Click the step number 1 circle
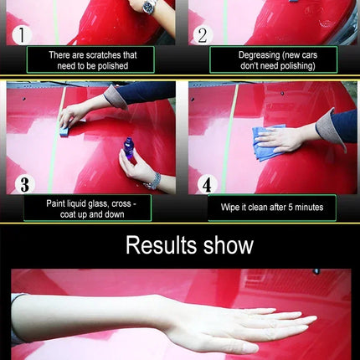[22, 35]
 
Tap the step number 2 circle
[203, 35]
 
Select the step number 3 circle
[24, 184]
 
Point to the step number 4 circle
[207, 184]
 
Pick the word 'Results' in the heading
[162, 245]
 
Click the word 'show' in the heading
[229, 245]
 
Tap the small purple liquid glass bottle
[129, 148]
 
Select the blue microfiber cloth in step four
[266, 143]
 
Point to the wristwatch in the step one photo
[149, 6]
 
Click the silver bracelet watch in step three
[153, 182]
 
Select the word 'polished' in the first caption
[113, 66]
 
